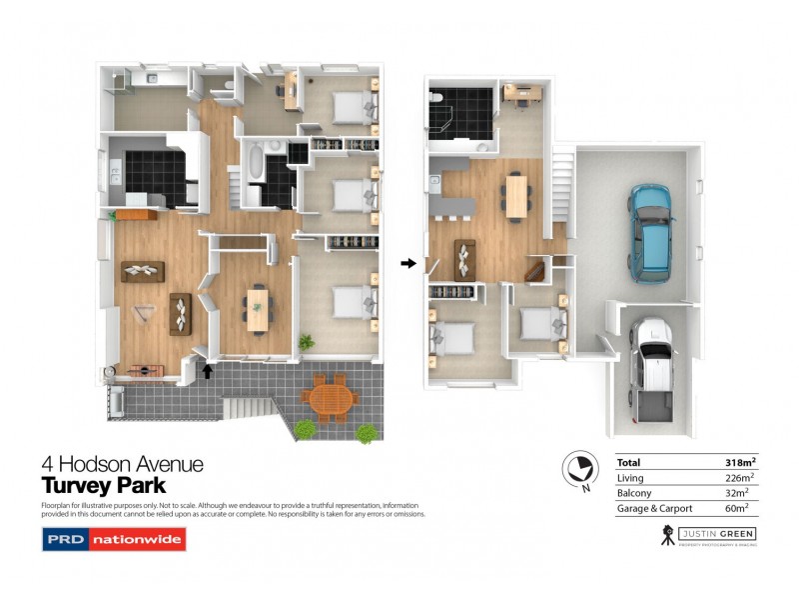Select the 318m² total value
[739, 462]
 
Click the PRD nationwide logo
[114, 540]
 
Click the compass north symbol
[576, 469]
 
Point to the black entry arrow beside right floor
[406, 264]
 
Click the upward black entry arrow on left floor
[208, 371]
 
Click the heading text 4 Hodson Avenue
[122, 464]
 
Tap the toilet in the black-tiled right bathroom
[437, 97]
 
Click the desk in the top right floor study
[518, 92]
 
